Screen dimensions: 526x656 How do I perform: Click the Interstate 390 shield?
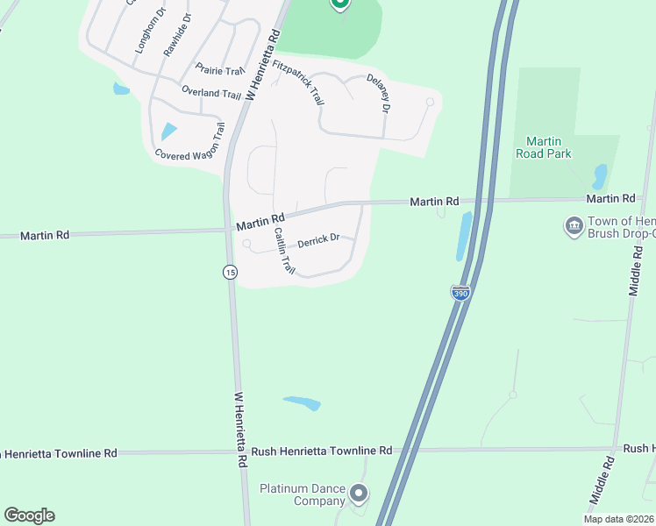[460, 293]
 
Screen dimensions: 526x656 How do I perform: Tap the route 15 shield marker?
[230, 272]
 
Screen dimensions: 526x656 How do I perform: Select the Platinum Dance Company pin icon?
[358, 494]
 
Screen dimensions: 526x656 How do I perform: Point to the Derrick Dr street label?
[318, 240]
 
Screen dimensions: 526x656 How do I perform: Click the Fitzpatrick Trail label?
[298, 83]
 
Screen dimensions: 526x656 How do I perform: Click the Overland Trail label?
[210, 93]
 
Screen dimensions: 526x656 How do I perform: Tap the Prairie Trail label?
[219, 71]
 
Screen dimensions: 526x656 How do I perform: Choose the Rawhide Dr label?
[176, 35]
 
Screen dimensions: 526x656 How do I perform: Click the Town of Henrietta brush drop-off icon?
[574, 226]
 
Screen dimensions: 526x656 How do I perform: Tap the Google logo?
[29, 515]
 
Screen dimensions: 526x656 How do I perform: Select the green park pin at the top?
[340, 4]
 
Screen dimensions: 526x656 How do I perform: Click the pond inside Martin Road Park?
[600, 176]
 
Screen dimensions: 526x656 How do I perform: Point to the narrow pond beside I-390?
[463, 237]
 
